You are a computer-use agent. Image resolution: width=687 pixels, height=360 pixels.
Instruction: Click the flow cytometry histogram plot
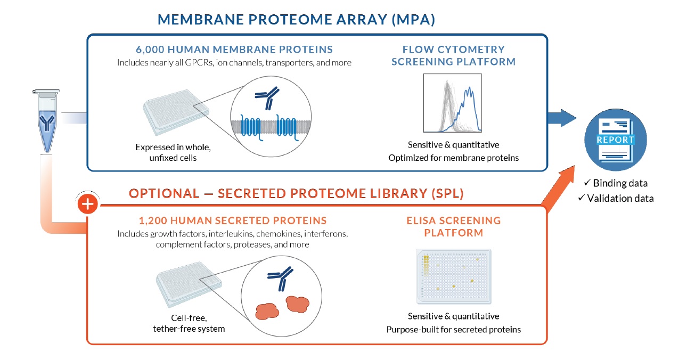(453, 104)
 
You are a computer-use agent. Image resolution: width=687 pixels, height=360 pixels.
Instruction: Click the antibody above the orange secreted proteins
(280, 277)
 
